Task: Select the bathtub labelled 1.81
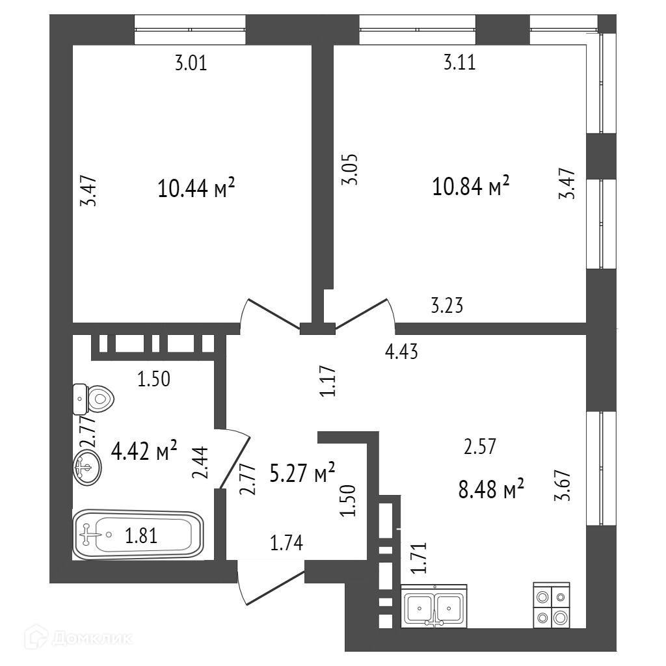pyautogui.click(x=138, y=535)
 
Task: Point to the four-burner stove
pyautogui.click(x=552, y=606)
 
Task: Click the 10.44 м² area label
pyautogui.click(x=196, y=189)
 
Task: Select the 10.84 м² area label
pyautogui.click(x=470, y=187)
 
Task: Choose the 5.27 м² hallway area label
pyautogui.click(x=302, y=473)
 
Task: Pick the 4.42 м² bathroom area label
pyautogui.click(x=144, y=450)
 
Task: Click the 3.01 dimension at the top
pyautogui.click(x=191, y=64)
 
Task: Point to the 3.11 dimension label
pyautogui.click(x=459, y=63)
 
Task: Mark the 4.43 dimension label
pyautogui.click(x=401, y=353)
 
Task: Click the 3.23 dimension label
pyautogui.click(x=447, y=305)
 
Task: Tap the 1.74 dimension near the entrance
pyautogui.click(x=287, y=541)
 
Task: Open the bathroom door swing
pyautogui.click(x=235, y=459)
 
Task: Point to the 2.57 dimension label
pyautogui.click(x=480, y=447)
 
